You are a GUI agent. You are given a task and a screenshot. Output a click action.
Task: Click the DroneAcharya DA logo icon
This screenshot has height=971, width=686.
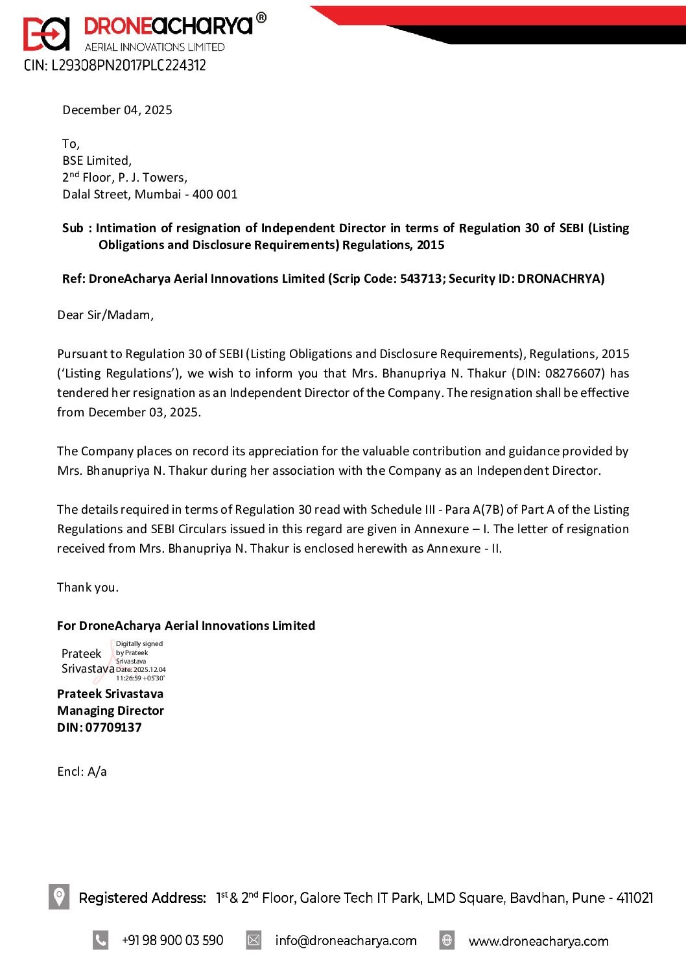pos(46,34)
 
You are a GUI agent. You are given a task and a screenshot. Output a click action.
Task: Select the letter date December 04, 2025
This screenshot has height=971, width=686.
pos(117,110)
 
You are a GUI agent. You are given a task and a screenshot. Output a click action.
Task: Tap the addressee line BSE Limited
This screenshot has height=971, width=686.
pos(97,161)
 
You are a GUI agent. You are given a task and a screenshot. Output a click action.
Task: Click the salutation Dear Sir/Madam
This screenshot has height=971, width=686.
pos(105,315)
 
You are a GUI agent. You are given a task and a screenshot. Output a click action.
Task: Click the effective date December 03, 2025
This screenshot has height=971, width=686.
pos(143,413)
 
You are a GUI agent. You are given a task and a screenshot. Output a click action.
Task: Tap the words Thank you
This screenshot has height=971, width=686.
pos(88,588)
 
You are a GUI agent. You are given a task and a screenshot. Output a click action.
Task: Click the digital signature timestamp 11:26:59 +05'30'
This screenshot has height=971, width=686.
pos(140,678)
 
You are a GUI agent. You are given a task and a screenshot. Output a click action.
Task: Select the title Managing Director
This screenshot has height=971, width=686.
pos(110,711)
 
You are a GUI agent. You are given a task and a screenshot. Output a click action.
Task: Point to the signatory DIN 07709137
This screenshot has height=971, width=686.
pos(113,728)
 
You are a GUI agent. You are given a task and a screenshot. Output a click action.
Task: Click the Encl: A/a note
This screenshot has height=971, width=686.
pos(82,772)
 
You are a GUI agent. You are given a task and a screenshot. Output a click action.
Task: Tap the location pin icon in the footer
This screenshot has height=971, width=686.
pos(59,897)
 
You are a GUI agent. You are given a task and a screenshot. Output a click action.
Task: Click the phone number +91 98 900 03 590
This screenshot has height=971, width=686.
pos(172,941)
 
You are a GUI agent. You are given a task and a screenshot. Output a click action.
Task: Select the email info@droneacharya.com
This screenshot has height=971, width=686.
pos(346,941)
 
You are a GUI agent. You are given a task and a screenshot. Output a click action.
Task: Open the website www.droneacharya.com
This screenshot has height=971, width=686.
pos(538,941)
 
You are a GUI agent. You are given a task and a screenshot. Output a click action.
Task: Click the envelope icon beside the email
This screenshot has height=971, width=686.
pos(254,940)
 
